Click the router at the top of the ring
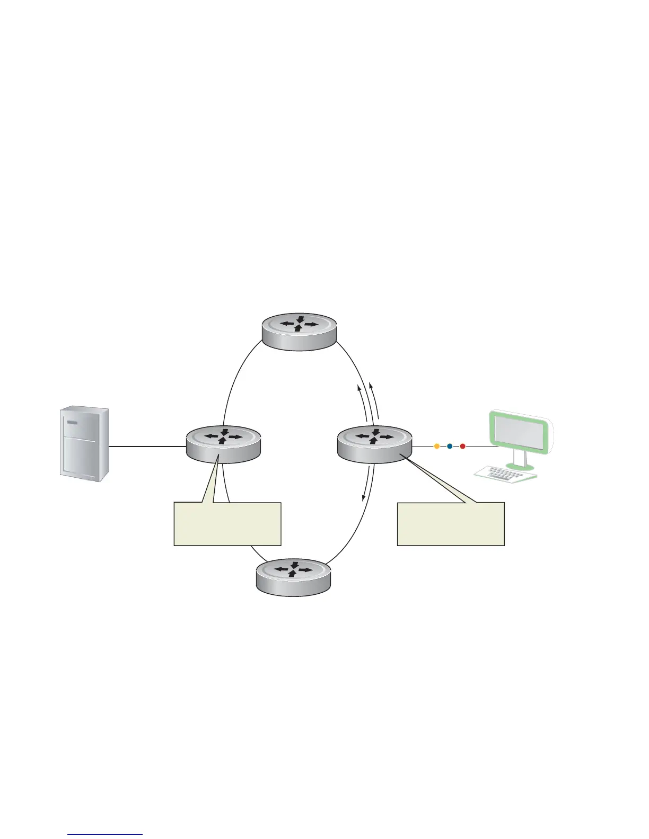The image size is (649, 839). (x=300, y=331)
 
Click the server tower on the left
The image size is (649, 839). (x=84, y=444)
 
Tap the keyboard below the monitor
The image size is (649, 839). (x=505, y=473)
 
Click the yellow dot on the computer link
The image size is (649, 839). (x=437, y=447)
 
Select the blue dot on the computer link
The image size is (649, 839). (x=450, y=447)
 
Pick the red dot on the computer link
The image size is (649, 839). (x=462, y=447)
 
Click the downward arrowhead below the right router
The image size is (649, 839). (x=363, y=498)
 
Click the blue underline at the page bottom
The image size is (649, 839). (x=105, y=834)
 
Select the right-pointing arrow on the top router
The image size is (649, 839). (x=311, y=324)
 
